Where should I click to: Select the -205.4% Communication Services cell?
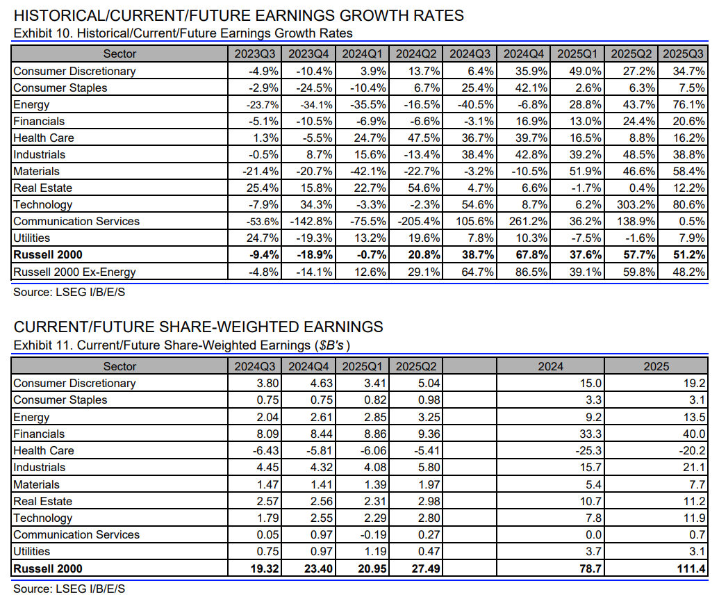point(419,222)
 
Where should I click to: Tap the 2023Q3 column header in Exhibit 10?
point(255,54)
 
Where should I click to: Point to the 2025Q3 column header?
point(684,54)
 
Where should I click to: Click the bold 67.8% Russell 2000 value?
point(528,254)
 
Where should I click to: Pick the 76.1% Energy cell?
point(688,104)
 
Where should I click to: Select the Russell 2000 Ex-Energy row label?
point(74,272)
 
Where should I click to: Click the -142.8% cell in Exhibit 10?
point(311,222)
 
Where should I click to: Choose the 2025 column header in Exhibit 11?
point(656,366)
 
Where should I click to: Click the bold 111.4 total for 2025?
point(691,568)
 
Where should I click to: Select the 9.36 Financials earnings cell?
point(429,434)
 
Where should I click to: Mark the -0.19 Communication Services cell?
point(373,535)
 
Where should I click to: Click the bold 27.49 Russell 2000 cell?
point(426,568)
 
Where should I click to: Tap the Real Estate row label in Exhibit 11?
point(42,501)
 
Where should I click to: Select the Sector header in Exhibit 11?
point(119,366)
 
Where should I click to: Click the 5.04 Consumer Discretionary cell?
point(429,383)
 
